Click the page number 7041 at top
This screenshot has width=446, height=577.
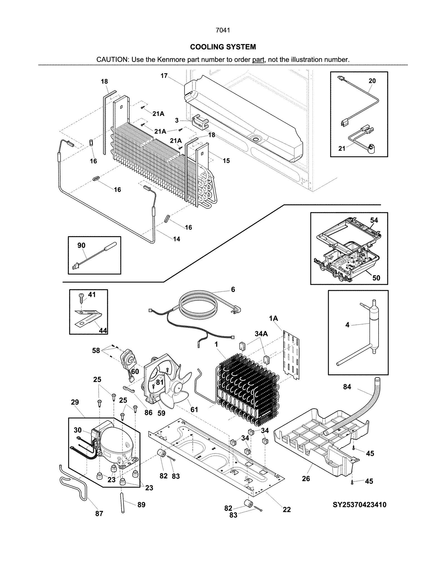click(x=223, y=30)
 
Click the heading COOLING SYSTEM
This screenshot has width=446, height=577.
click(x=223, y=47)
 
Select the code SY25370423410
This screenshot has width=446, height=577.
click(x=359, y=505)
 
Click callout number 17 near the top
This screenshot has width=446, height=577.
click(x=164, y=76)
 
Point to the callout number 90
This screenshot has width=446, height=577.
click(x=81, y=245)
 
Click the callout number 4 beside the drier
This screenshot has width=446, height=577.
click(x=347, y=325)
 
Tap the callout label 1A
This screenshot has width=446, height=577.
click(x=273, y=318)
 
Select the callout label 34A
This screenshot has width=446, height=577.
click(x=261, y=334)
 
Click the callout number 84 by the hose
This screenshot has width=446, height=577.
click(x=347, y=387)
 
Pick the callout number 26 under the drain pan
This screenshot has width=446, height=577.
click(x=306, y=479)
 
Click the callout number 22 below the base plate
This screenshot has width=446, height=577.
click(x=287, y=510)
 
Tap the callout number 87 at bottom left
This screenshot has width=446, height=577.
click(x=99, y=514)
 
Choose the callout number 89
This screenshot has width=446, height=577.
click(x=141, y=505)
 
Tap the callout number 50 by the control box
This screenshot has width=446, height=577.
click(x=376, y=278)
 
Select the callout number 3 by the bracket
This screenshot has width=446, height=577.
click(x=177, y=120)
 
